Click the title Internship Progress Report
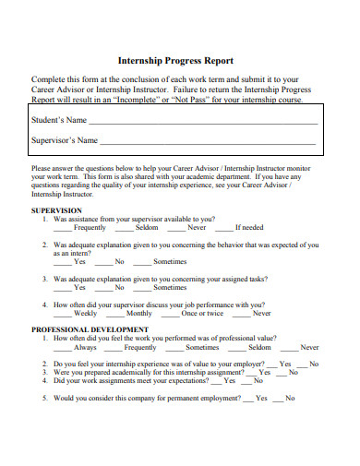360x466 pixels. (181, 61)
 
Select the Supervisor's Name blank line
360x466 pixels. (208, 141)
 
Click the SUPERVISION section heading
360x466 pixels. (58, 210)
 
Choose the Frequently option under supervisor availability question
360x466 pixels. (90, 227)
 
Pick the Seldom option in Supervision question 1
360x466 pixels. (147, 227)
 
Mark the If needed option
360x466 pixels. (249, 227)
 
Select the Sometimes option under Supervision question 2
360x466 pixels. (169, 261)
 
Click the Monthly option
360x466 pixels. (139, 313)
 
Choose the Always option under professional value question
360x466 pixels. (85, 347)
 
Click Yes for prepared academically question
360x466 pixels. (266, 372)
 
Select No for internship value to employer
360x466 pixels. (315, 364)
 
